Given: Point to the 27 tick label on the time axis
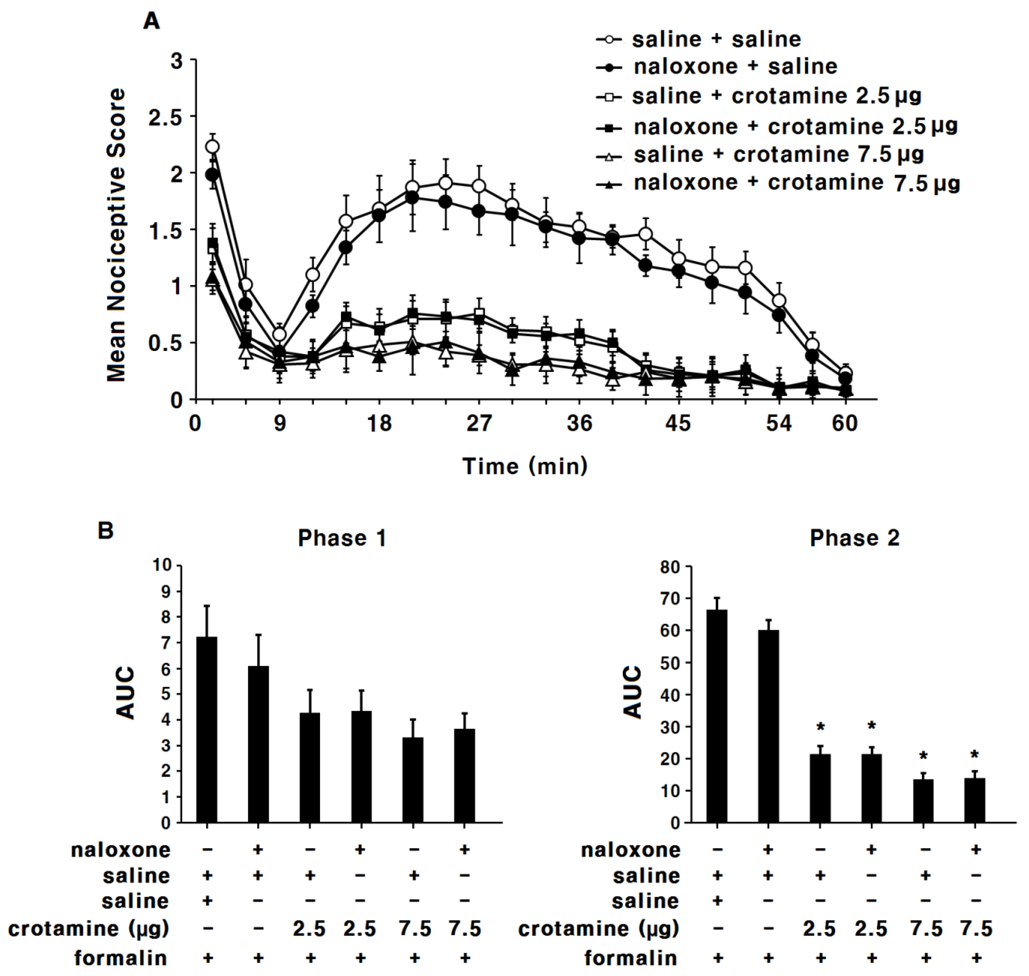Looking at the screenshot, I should point(479,423).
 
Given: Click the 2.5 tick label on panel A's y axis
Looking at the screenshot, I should point(165,118).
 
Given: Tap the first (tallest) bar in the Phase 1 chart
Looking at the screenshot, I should point(207,729).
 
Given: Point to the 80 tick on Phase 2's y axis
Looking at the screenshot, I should point(670,567).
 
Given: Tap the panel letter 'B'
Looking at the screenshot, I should point(106,531).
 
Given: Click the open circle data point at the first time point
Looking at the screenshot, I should point(212,147).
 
